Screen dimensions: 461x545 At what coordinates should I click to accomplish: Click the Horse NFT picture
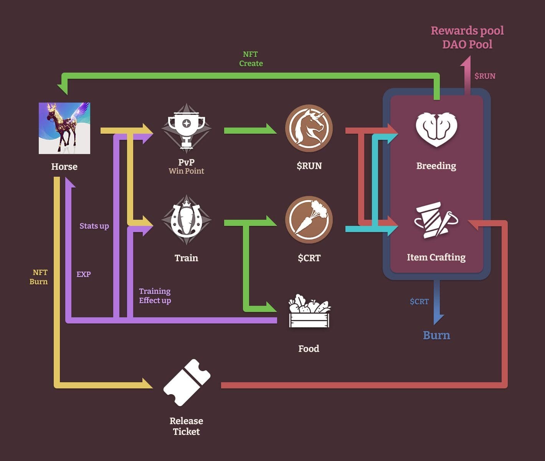[x=64, y=128]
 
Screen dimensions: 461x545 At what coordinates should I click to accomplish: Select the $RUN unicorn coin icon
[x=309, y=128]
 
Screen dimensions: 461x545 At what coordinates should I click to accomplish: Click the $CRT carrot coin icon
[x=309, y=219]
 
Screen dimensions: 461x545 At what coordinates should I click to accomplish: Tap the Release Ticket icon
[x=187, y=382]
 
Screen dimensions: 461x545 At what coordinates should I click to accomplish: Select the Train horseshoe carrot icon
[x=187, y=220]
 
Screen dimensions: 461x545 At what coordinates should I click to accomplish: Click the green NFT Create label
[x=251, y=59]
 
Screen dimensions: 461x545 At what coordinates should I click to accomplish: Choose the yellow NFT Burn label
[x=39, y=277]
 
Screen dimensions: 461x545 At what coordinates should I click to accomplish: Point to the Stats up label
[x=94, y=226]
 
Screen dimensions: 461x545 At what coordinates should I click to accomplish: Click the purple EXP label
[x=83, y=274]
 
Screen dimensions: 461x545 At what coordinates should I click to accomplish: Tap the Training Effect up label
[x=155, y=296]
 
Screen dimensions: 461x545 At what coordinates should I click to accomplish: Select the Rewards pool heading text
[x=467, y=31]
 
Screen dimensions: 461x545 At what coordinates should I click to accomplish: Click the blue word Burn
[x=436, y=335]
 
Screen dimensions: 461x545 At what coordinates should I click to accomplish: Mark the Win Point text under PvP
[x=187, y=171]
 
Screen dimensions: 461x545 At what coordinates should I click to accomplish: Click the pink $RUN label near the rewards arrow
[x=485, y=76]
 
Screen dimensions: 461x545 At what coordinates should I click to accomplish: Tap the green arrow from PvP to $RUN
[x=250, y=131]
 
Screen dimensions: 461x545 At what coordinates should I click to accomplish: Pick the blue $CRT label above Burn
[x=419, y=302]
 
